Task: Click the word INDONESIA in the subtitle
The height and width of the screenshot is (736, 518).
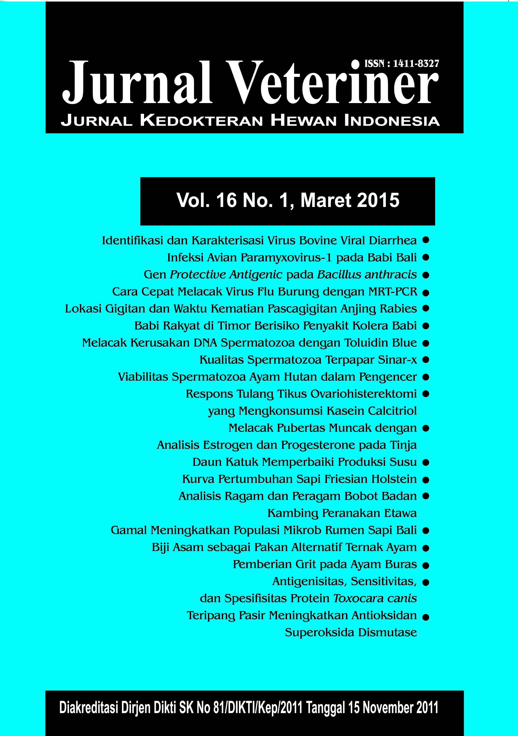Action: [392, 121]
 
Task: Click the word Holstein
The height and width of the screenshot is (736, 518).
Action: [394, 479]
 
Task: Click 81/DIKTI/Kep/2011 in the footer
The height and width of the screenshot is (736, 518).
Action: [258, 707]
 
